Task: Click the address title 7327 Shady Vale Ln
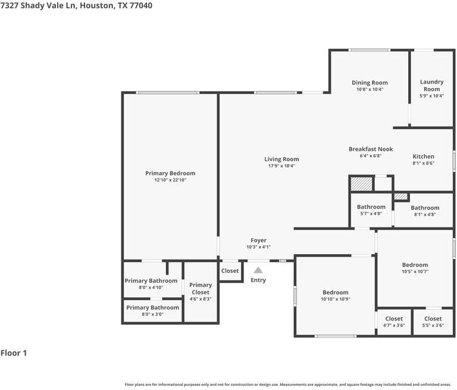[76, 5]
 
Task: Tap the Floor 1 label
[14, 353]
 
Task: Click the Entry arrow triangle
[258, 270]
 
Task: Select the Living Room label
[281, 159]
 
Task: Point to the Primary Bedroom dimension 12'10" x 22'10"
[170, 180]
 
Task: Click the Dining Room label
[370, 83]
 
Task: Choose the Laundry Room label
[431, 85]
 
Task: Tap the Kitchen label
[423, 157]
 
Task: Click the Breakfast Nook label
[370, 149]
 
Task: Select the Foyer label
[258, 241]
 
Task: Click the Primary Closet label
[201, 289]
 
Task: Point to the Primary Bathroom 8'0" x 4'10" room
[151, 284]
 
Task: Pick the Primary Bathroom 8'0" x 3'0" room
[152, 311]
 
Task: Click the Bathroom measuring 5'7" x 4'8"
[371, 210]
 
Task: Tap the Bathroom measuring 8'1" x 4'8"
[424, 211]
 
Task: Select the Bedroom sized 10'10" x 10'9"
[335, 295]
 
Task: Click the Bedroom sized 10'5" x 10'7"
[415, 268]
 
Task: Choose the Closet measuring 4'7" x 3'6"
[394, 322]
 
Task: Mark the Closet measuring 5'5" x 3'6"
[433, 322]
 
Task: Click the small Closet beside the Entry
[230, 271]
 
